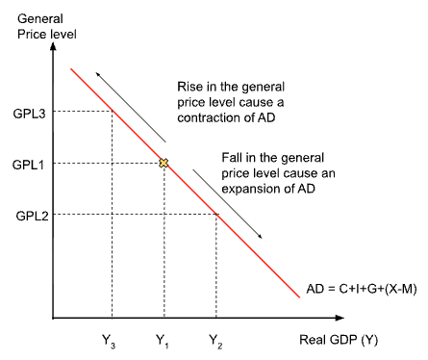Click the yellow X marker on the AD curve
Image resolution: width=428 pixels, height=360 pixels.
tap(164, 164)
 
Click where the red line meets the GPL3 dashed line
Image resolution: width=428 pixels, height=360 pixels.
tap(113, 112)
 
